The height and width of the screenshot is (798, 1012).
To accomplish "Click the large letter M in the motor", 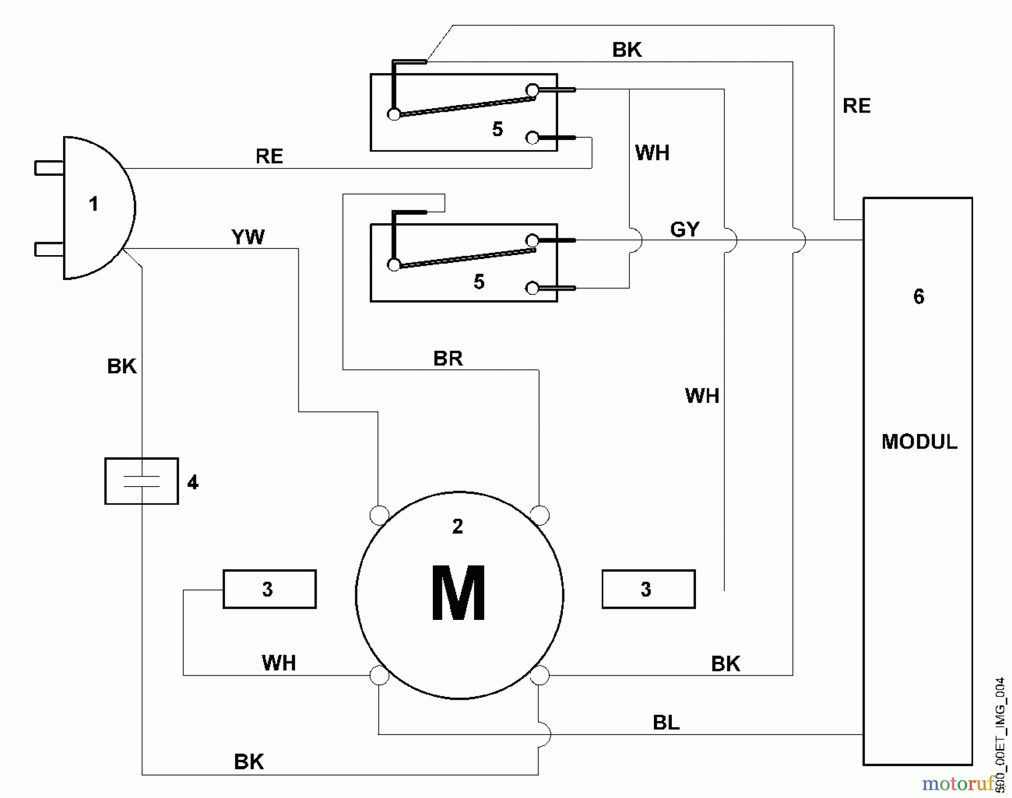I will pyautogui.click(x=458, y=593).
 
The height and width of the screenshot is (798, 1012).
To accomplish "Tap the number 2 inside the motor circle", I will pyautogui.click(x=458, y=527).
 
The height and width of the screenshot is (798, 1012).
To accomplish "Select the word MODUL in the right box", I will pyautogui.click(x=919, y=442).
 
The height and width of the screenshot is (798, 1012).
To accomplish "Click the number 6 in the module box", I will pyautogui.click(x=919, y=297).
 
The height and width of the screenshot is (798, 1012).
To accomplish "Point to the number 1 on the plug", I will pyautogui.click(x=94, y=204).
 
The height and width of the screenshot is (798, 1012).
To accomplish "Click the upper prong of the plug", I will pyautogui.click(x=49, y=167).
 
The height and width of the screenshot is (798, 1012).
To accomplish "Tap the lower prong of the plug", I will pyautogui.click(x=49, y=249).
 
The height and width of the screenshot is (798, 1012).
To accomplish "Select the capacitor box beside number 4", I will pyautogui.click(x=142, y=481).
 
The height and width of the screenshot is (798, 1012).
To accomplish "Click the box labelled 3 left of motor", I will pyautogui.click(x=269, y=589).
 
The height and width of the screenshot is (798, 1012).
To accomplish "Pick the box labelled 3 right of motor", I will pyautogui.click(x=648, y=589).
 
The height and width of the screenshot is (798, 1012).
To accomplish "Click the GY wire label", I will pyautogui.click(x=684, y=229).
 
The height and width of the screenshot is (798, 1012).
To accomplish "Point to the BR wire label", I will pyautogui.click(x=448, y=359).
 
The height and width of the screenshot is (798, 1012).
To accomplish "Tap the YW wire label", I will pyautogui.click(x=247, y=237).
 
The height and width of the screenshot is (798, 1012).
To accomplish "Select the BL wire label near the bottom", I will pyautogui.click(x=666, y=722).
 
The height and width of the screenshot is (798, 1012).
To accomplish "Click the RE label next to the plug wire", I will pyautogui.click(x=269, y=156).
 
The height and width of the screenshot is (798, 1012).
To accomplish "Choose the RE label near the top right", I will pyautogui.click(x=856, y=106).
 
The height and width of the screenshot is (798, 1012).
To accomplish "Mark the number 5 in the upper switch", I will pyautogui.click(x=497, y=130).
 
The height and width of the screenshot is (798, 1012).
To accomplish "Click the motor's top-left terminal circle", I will pyautogui.click(x=379, y=515).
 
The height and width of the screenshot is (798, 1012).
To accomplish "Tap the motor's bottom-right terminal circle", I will pyautogui.click(x=540, y=675).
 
